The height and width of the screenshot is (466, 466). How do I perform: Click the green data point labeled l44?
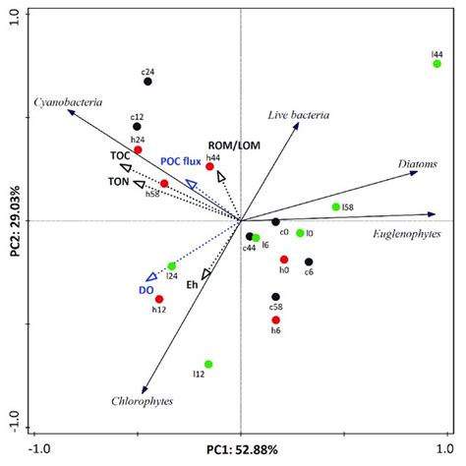click(x=437, y=64)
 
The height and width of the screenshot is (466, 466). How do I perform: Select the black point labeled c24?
click(x=147, y=82)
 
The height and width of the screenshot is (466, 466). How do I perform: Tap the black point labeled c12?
click(x=138, y=126)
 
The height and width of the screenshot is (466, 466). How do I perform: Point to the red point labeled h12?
click(x=159, y=299)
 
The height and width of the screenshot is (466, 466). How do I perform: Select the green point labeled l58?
click(x=336, y=206)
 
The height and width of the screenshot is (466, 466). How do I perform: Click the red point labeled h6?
click(x=276, y=320)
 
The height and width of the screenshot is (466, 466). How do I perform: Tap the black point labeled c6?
click(x=309, y=262)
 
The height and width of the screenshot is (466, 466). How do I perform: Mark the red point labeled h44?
click(x=209, y=167)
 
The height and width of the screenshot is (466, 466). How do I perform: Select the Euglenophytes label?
click(x=404, y=234)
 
